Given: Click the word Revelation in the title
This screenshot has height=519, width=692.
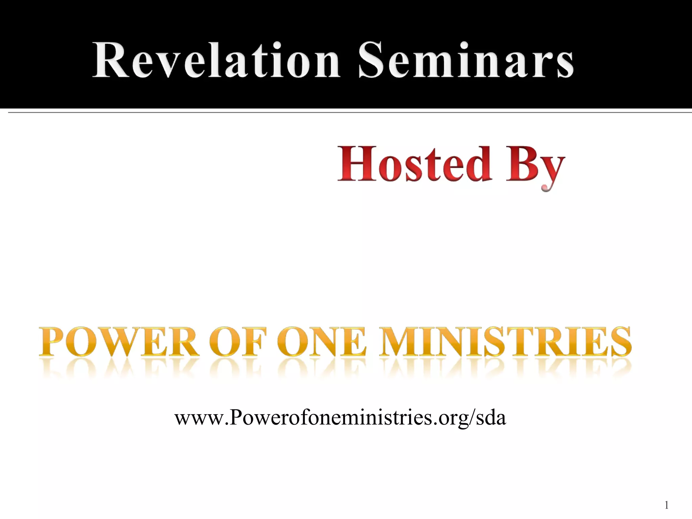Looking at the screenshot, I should [x=216, y=60].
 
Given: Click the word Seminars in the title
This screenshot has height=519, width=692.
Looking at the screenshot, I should [x=466, y=60].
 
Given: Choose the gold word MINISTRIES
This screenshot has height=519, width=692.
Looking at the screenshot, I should [x=505, y=342].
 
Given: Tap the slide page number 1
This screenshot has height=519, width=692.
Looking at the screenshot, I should [x=666, y=505].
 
